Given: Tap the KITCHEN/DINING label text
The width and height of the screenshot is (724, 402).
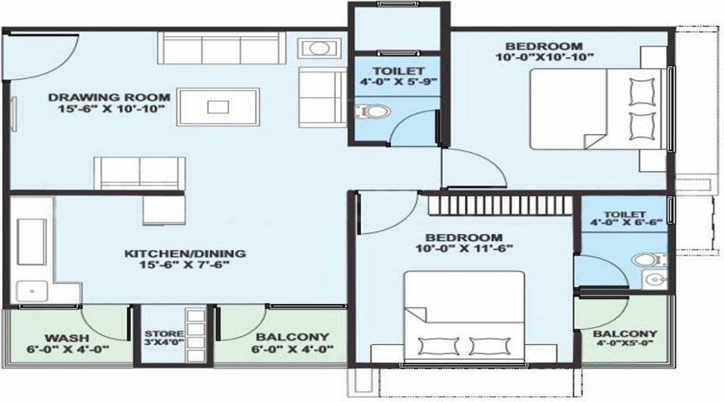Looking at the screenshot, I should (x=185, y=254).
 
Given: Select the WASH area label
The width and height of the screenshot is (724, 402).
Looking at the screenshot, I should (x=61, y=338).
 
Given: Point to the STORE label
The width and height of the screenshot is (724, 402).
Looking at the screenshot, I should (x=164, y=334).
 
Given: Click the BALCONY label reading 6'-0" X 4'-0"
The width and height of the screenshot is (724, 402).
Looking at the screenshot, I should (x=281, y=337).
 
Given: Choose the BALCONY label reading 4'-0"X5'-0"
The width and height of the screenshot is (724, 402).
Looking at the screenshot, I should (x=625, y=334).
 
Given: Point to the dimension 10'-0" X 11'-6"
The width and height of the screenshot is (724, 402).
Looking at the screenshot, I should (x=464, y=248).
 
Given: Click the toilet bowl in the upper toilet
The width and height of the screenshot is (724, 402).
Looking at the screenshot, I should (x=374, y=110).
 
